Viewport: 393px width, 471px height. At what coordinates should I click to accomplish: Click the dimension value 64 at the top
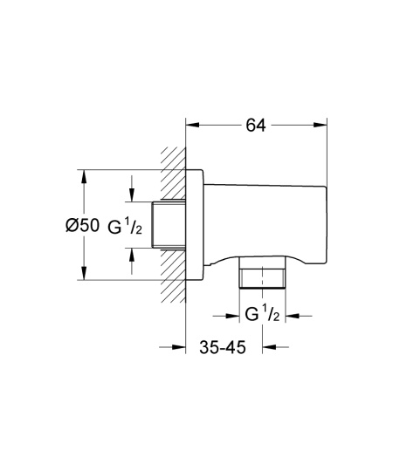point(256,125)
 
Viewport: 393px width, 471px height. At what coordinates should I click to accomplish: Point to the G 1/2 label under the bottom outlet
point(263,314)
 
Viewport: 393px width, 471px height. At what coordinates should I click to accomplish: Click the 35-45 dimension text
point(226,346)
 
